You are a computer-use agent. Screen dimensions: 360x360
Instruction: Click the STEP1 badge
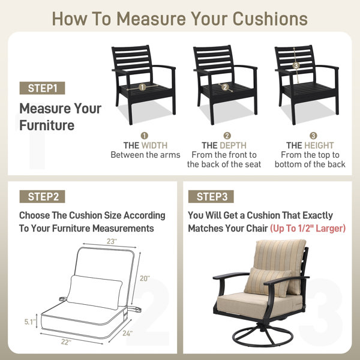[42, 88]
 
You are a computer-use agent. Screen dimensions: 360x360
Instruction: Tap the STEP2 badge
[42, 197]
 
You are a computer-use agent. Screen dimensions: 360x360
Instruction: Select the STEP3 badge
[211, 197]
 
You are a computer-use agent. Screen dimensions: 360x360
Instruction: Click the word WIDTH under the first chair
[155, 146]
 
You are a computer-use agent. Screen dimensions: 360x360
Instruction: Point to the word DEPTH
[233, 146]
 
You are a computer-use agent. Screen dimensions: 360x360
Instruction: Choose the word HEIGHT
[319, 146]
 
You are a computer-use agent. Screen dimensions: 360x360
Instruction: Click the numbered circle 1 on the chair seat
[142, 87]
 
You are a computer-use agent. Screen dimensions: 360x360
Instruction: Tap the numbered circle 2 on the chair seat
[225, 87]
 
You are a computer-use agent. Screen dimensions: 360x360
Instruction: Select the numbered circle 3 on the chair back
[296, 65]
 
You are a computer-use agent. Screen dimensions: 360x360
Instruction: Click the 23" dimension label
[112, 241]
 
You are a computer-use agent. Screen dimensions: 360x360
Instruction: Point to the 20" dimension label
[145, 278]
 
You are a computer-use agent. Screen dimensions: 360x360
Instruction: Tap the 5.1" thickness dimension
[31, 322]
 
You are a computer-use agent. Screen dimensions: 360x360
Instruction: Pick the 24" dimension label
[127, 334]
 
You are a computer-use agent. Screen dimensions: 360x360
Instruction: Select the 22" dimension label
[66, 342]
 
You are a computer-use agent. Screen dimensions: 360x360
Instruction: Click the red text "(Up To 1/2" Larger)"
[308, 229]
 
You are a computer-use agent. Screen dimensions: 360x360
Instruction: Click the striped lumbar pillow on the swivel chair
[268, 283]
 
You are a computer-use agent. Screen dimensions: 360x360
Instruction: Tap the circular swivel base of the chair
[263, 337]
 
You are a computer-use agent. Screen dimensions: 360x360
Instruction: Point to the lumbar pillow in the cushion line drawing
[95, 292]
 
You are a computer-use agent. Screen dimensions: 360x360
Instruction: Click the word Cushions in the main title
[270, 19]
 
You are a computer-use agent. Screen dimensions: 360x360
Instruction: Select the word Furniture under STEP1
[47, 125]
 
